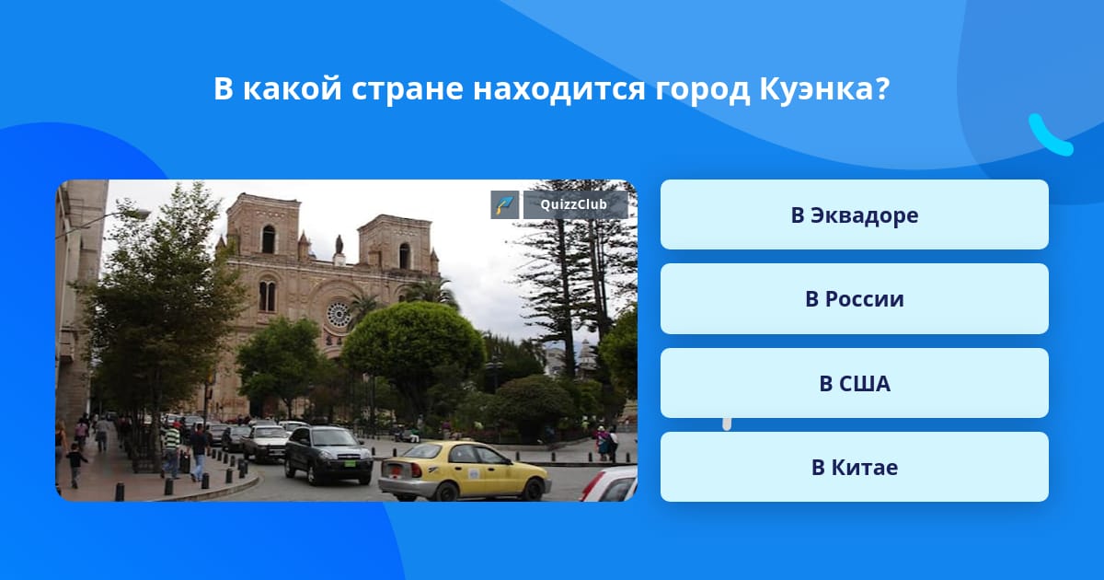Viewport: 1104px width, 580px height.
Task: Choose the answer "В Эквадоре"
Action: pyautogui.click(x=854, y=215)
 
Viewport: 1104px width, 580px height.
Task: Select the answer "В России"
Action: pyautogui.click(x=854, y=299)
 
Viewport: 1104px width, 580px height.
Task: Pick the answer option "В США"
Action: pyautogui.click(x=854, y=383)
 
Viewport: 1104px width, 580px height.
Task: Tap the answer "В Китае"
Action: pyautogui.click(x=854, y=467)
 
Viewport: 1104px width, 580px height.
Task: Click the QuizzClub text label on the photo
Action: pyautogui.click(x=574, y=204)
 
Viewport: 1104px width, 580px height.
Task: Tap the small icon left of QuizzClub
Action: pyautogui.click(x=505, y=204)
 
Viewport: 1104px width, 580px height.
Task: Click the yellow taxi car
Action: pyautogui.click(x=464, y=470)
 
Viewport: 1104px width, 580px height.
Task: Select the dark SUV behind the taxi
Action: pyautogui.click(x=328, y=455)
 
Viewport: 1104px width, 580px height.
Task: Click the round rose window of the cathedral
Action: pyautogui.click(x=339, y=315)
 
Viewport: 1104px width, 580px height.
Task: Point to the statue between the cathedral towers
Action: pyautogui.click(x=339, y=245)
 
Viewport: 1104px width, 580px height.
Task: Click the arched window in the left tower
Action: pyautogui.click(x=269, y=239)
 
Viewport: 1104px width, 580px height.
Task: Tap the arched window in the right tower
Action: pyautogui.click(x=404, y=256)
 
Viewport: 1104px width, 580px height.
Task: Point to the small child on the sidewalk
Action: pyautogui.click(x=75, y=465)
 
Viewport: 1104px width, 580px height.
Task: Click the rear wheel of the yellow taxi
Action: pyautogui.click(x=446, y=492)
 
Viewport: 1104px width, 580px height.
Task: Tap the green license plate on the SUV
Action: pyautogui.click(x=350, y=464)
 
